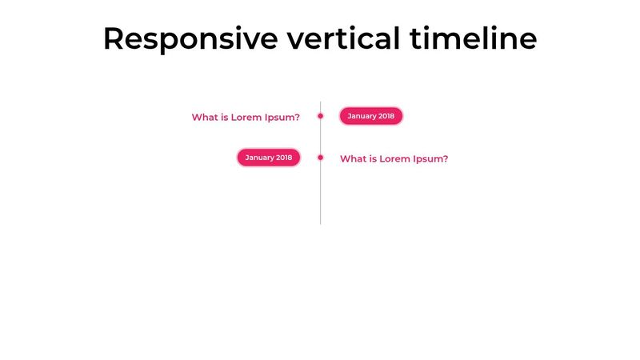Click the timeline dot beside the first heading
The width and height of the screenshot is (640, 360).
(x=320, y=116)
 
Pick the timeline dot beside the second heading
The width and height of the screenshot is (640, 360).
(x=320, y=158)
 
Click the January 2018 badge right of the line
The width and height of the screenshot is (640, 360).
(x=370, y=116)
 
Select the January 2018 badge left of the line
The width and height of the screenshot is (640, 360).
(x=268, y=158)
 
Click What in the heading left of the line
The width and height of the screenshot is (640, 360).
(x=205, y=118)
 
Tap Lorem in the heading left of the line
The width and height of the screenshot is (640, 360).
(x=247, y=118)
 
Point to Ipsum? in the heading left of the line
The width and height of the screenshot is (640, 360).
(x=283, y=118)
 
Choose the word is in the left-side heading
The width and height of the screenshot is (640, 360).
(x=225, y=118)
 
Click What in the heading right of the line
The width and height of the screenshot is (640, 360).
(x=353, y=159)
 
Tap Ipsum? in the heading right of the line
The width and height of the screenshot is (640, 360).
(x=431, y=159)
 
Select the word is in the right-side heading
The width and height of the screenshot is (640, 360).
(x=373, y=159)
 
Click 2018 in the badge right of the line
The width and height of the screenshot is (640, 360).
(x=386, y=116)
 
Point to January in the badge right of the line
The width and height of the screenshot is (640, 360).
(x=362, y=116)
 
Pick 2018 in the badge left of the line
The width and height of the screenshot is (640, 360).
(x=283, y=158)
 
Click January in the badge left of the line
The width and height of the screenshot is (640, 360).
(x=260, y=158)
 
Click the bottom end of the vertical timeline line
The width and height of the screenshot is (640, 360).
(x=320, y=222)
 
